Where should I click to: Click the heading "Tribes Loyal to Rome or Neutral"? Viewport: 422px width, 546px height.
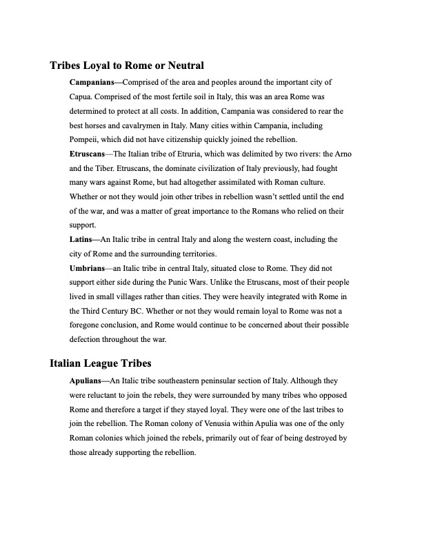pos(127,66)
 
